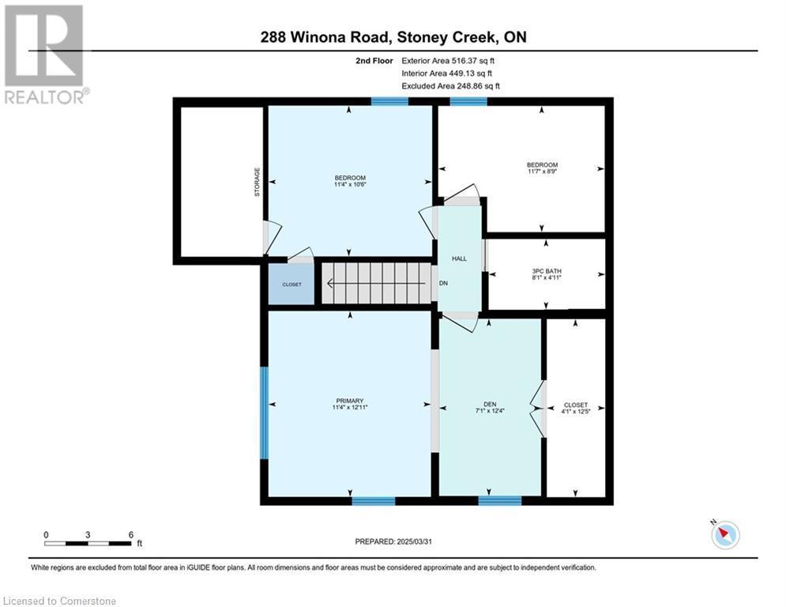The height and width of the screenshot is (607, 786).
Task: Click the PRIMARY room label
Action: pos(350,401)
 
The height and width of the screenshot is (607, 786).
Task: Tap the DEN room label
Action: pos(490,404)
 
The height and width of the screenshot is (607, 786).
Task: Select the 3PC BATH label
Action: pos(547,271)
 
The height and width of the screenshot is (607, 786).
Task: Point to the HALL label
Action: pos(459,259)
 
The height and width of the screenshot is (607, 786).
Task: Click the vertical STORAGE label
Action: pos(258,182)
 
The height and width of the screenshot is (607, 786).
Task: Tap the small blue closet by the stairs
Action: pos(291,285)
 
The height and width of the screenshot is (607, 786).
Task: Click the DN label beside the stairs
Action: pos(443,284)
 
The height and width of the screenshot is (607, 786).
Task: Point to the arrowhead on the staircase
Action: pos(330,284)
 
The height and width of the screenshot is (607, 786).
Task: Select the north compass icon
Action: pos(725,533)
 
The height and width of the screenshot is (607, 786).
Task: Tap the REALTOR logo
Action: pos(44,55)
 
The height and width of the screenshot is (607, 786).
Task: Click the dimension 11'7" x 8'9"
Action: pos(542,171)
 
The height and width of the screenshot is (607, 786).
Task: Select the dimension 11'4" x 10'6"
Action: pos(350,184)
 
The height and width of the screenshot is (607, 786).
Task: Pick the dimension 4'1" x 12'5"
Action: pos(575,411)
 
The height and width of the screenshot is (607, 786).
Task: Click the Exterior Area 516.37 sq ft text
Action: pos(448,61)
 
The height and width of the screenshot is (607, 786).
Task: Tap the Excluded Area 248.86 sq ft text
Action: pos(450,86)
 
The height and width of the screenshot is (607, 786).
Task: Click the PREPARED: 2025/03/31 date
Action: pos(393,541)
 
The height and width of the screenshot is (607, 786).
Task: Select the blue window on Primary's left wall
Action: pos(264,413)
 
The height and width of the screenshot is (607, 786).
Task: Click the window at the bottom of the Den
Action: pos(500,500)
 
